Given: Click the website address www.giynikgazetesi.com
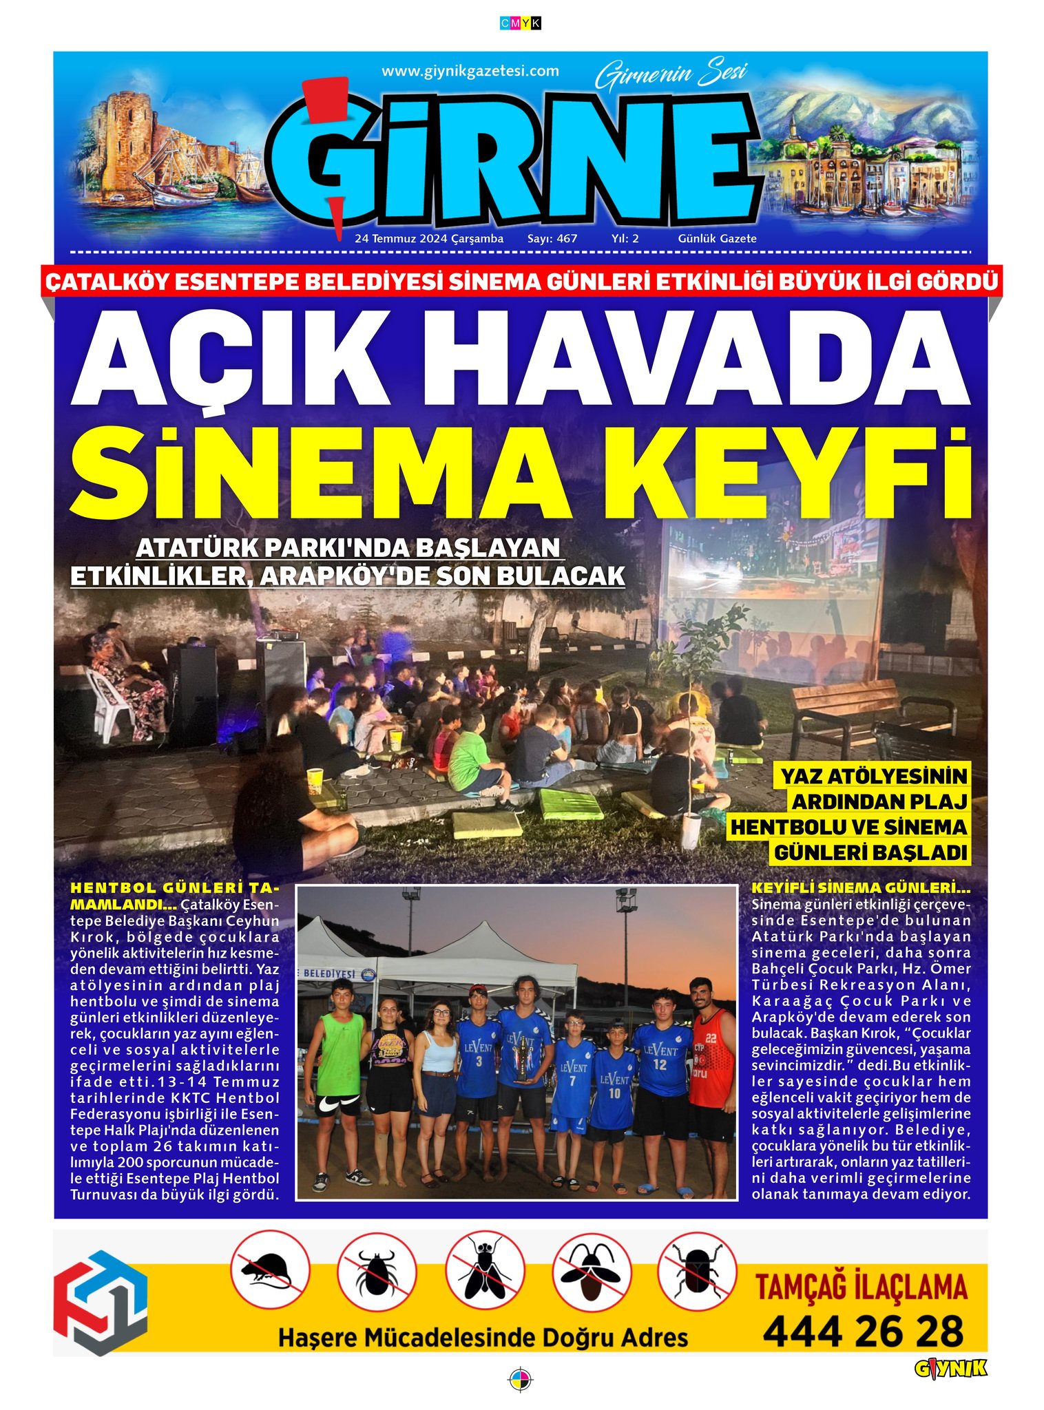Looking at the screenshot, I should click(x=470, y=71).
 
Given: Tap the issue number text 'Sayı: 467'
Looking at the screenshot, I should click(x=552, y=239).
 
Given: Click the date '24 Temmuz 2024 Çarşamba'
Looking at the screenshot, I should click(x=429, y=239).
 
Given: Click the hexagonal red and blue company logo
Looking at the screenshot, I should click(x=101, y=1301).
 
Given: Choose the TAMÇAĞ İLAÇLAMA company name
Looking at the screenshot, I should click(x=862, y=1287).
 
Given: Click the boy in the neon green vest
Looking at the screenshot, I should click(x=339, y=1074).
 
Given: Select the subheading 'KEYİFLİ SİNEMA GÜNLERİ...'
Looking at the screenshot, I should click(x=861, y=888).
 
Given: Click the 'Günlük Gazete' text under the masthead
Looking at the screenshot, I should click(x=717, y=239).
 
